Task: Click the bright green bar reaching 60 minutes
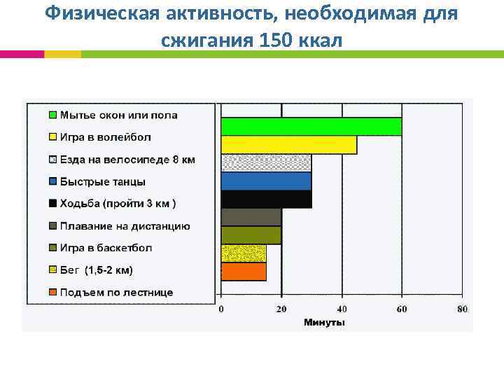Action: pos(311,126)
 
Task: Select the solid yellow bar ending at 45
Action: pos(288,144)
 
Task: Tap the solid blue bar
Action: pos(266,181)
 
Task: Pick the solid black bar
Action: pos(266,199)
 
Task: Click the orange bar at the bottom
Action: pos(244,272)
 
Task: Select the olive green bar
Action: pos(251,235)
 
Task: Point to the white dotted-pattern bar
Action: pos(266,162)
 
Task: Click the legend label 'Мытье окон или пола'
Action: pos(118,115)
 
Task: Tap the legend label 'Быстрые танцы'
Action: pos(103,181)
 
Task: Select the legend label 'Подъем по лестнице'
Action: pos(116,292)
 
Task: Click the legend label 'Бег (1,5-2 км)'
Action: pos(97,269)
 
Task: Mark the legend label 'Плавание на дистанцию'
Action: pos(125,225)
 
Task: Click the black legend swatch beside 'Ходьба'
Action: pos(52,204)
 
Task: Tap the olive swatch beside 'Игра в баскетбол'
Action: pos(52,248)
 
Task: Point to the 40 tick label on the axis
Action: pos(342,309)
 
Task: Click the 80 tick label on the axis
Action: pos(462,309)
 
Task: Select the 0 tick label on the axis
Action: pos(221,309)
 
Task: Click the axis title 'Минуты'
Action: pos(323,323)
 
